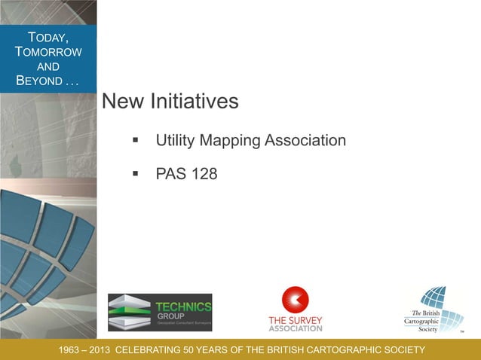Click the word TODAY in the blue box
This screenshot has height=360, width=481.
[x=48, y=37]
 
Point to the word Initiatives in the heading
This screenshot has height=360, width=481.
[x=194, y=101]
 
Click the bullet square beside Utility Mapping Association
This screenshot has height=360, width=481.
[x=136, y=140]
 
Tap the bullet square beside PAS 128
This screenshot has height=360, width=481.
[x=136, y=173]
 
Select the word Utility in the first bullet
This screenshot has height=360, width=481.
[x=176, y=141]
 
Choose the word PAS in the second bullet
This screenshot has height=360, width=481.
[x=170, y=174]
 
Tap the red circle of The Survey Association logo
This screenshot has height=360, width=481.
[x=296, y=300]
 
